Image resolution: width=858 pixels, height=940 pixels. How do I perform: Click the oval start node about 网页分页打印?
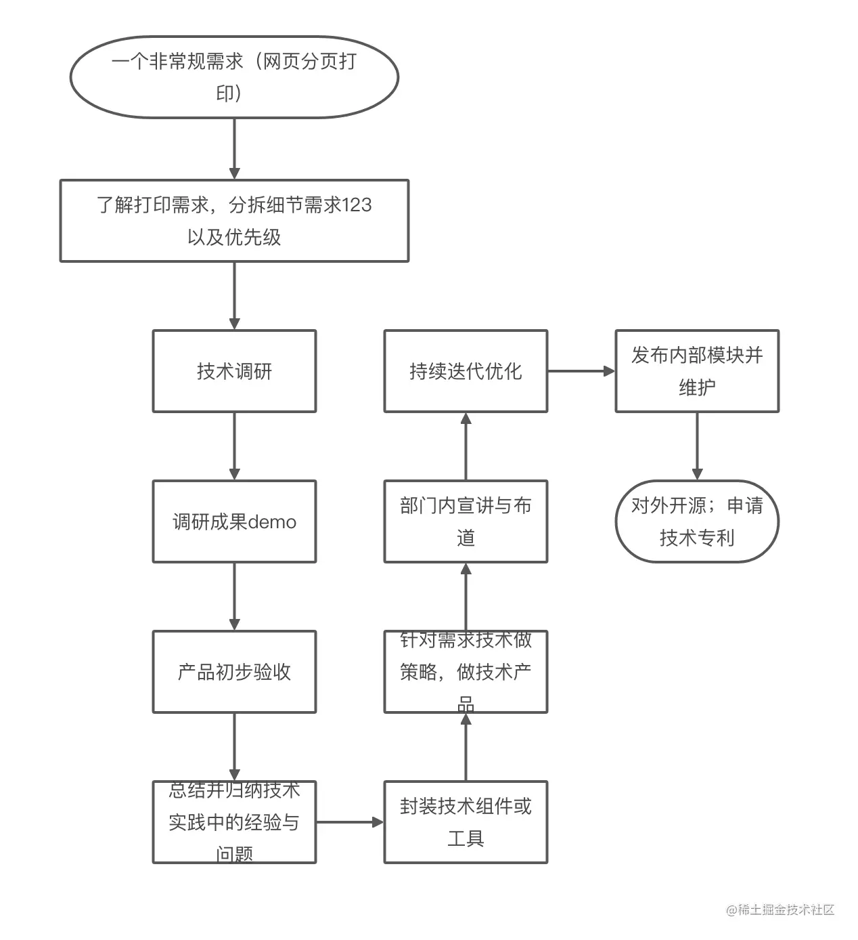[234, 77]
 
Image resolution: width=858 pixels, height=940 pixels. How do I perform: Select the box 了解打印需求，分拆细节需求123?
[234, 221]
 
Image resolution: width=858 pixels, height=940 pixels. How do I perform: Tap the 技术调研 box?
[234, 371]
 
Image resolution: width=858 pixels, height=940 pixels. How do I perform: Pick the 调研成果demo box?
[234, 521]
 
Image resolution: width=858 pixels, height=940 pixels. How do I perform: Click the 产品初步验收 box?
[234, 672]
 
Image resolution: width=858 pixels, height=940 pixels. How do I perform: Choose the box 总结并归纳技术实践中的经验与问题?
[234, 822]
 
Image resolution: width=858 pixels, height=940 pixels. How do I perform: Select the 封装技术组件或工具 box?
[466, 822]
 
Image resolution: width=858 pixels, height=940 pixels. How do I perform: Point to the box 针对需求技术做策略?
[466, 672]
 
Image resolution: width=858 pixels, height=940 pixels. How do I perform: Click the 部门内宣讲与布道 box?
[466, 521]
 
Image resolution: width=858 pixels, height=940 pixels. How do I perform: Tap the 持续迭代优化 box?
[466, 371]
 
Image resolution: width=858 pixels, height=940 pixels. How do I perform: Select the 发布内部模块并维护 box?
[697, 371]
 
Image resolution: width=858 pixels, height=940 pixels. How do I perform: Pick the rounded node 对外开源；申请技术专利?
[697, 521]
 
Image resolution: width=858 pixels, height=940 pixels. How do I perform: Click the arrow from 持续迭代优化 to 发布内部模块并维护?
[581, 371]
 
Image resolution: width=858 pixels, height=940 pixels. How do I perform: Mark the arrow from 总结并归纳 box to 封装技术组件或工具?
[350, 822]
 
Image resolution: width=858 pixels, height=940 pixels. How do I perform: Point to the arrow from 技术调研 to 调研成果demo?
[234, 446]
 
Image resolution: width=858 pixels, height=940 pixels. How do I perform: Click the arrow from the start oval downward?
[234, 149]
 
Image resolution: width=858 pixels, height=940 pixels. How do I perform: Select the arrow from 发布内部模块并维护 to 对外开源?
[697, 446]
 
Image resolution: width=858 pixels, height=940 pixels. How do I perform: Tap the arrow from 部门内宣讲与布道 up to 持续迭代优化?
[466, 446]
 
